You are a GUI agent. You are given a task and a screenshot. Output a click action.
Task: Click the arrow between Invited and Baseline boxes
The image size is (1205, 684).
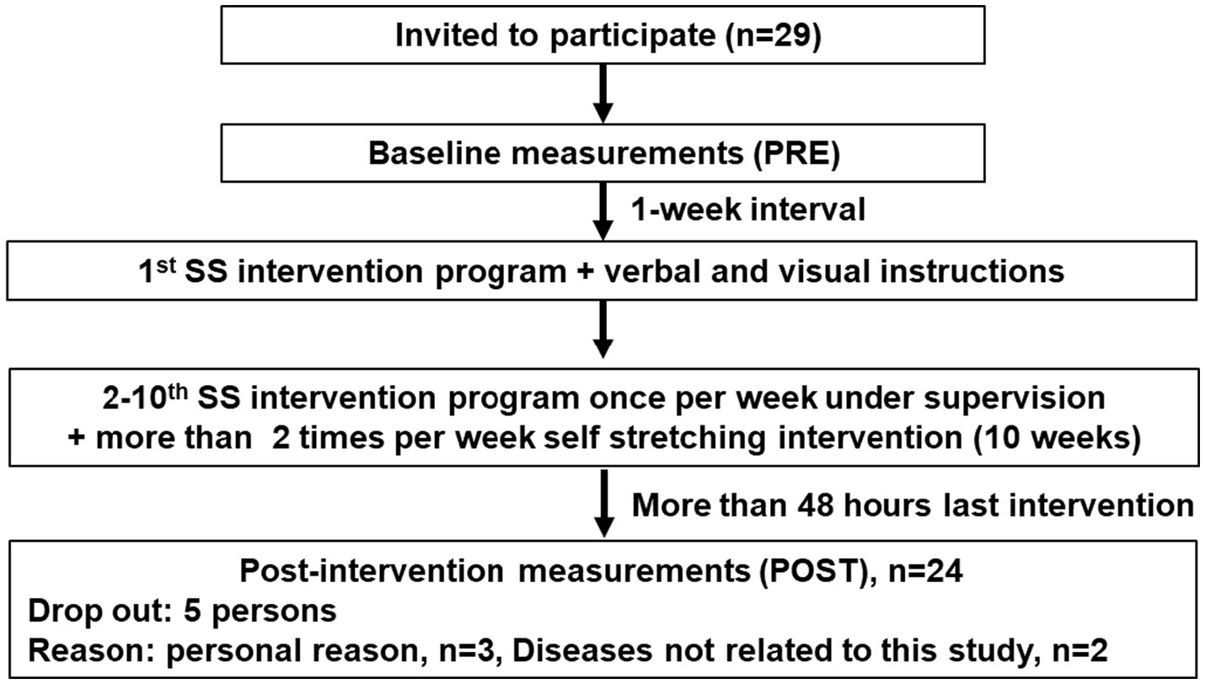(x=602, y=95)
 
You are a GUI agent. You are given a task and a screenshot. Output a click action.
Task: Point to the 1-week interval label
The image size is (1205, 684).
(x=748, y=209)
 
